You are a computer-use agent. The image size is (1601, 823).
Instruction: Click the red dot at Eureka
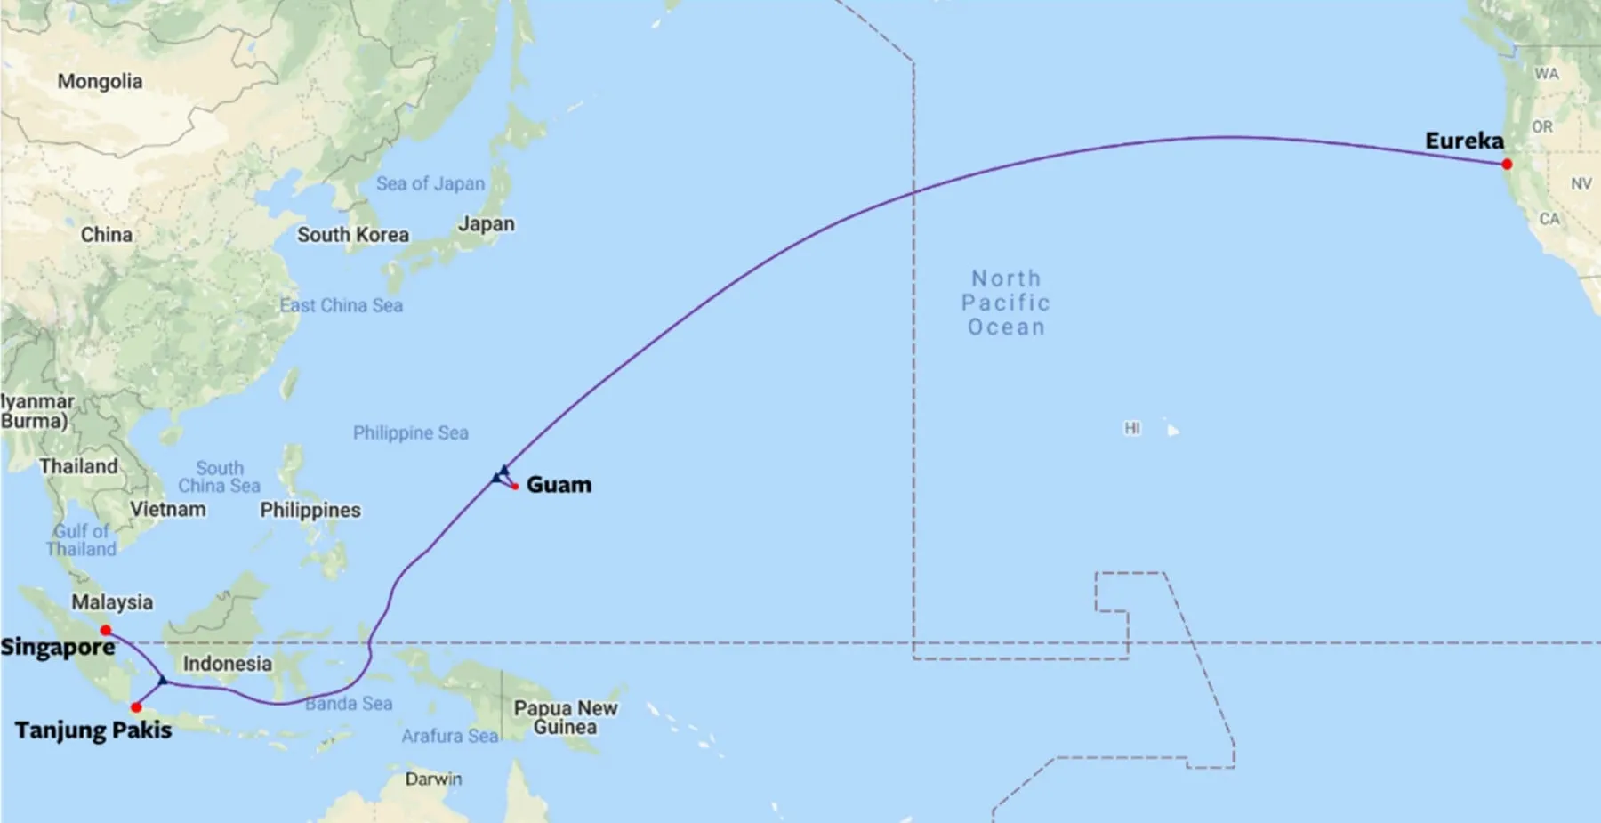pos(1507,165)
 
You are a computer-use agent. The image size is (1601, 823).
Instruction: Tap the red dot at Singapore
pos(106,631)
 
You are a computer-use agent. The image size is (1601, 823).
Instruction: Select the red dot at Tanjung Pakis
pos(136,708)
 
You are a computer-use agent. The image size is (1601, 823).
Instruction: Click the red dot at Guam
pos(515,486)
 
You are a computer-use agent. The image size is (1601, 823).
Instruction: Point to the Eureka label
pos(1464,141)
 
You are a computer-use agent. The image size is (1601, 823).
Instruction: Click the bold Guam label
pos(559,485)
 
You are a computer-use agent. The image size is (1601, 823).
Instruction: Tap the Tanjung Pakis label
pos(93,730)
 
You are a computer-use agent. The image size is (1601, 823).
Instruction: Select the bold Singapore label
pos(58,647)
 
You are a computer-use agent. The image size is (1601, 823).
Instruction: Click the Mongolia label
pos(100,81)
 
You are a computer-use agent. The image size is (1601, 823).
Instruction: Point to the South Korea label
pos(353,235)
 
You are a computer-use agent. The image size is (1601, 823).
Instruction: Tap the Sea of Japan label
pos(430,183)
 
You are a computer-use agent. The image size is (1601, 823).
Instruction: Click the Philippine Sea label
pos(411,433)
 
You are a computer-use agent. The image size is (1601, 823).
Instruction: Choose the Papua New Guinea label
pos(566,718)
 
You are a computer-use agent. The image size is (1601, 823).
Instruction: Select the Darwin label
pos(433,779)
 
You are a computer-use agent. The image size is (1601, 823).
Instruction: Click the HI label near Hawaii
pos(1132,428)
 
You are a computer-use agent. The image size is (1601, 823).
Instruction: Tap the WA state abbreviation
pos(1546,74)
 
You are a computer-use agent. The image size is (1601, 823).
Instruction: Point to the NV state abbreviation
pos(1581,183)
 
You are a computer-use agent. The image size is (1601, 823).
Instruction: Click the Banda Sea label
pos(349,704)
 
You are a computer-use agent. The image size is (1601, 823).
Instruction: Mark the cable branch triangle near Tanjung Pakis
pos(163,681)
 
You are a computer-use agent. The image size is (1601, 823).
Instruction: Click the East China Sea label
pos(342,305)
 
